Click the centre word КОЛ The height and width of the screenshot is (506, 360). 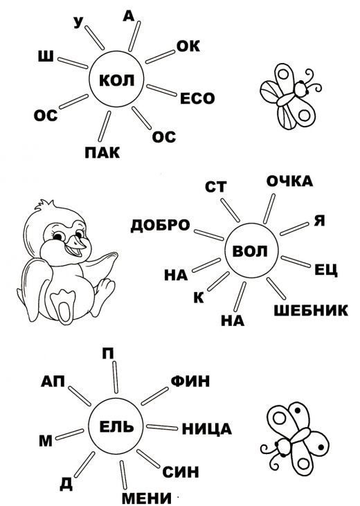[116, 80]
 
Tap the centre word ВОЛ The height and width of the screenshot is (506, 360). [250, 251]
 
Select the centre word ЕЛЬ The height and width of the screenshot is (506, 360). [116, 426]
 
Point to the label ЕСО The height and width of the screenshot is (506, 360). [197, 98]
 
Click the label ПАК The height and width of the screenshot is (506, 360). [102, 152]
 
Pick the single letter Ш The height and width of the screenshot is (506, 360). [46, 57]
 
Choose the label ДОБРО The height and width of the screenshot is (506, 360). [160, 225]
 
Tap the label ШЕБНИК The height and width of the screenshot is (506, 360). [311, 310]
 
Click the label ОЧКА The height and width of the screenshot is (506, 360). [289, 181]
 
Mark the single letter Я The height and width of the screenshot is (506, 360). [319, 221]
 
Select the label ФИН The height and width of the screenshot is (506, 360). [190, 381]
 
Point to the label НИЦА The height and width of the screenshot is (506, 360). [207, 429]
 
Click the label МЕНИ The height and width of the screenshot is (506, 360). [147, 498]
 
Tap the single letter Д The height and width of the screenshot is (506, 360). [66, 483]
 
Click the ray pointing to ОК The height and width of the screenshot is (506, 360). [160, 57]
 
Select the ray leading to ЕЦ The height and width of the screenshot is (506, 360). [296, 262]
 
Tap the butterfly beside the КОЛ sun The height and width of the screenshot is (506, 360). [290, 96]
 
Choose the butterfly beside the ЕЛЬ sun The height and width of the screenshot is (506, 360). [294, 438]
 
